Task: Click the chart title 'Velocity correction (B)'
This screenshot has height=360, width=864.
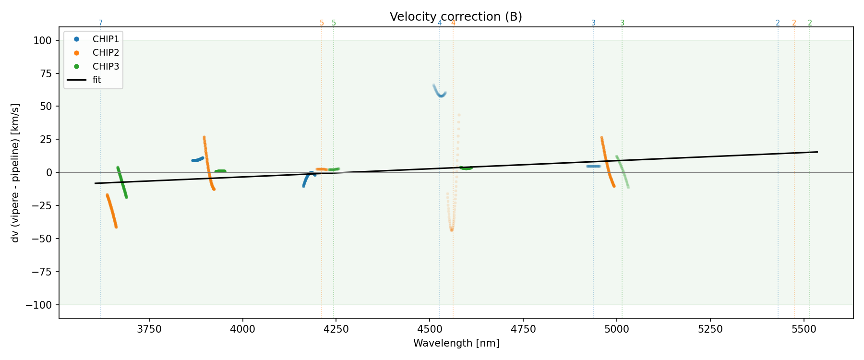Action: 456,17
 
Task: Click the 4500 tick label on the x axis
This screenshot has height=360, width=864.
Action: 430,329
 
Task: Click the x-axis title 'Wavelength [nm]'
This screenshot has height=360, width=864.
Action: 456,343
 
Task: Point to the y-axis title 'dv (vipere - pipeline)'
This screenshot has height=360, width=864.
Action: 15,173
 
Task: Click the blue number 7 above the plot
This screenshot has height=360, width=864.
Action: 101,23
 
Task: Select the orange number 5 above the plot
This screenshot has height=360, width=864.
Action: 322,23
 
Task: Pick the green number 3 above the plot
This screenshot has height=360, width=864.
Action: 622,23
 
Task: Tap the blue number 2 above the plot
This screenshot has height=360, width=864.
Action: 778,23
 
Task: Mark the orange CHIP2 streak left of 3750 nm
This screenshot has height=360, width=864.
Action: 111,211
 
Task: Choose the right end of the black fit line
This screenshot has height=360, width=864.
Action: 817,152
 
